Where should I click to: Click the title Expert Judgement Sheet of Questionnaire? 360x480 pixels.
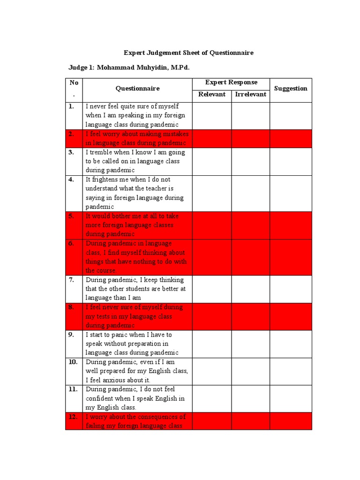coord(188,53)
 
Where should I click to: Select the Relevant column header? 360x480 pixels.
coord(212,94)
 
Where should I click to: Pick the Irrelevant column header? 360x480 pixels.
coord(251,94)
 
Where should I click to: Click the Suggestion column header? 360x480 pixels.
coord(291,88)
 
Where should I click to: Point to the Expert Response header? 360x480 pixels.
coord(231,82)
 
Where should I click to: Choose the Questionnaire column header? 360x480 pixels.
coord(137,88)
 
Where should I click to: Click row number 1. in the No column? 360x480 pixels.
coord(71,106)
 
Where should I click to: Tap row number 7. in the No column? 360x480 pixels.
coord(71,280)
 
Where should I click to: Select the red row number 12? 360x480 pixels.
coord(73,417)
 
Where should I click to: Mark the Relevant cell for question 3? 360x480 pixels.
coord(212,161)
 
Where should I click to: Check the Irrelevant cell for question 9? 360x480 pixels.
coord(251,344)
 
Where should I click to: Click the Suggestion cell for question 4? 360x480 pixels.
coord(291,193)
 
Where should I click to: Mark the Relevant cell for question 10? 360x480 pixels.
coord(212,371)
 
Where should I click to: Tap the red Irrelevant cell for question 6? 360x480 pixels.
coord(251,257)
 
